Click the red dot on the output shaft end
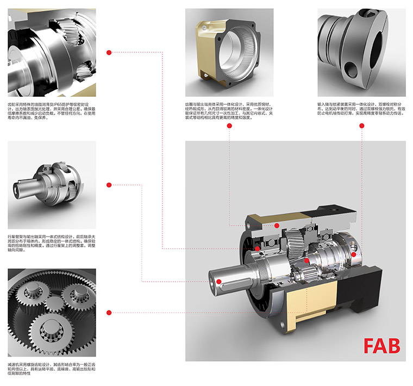tap(218, 281)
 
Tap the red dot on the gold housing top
tap(277, 225)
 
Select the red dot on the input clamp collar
tap(354, 254)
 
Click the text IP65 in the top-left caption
tap(62, 103)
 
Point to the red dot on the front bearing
tap(257, 250)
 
